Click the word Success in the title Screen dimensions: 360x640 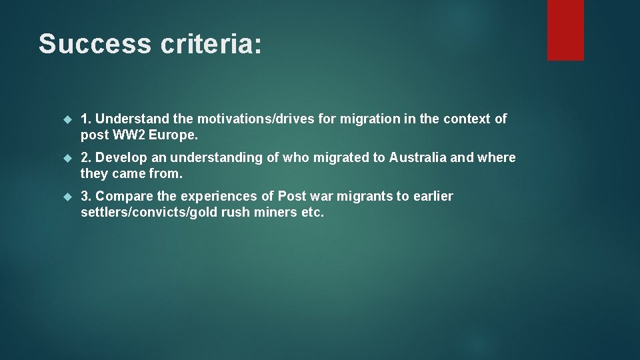[95, 44]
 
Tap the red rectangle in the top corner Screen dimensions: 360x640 [565, 30]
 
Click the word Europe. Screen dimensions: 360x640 [173, 135]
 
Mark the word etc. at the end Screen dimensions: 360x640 [313, 213]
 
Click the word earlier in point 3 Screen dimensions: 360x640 [433, 197]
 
